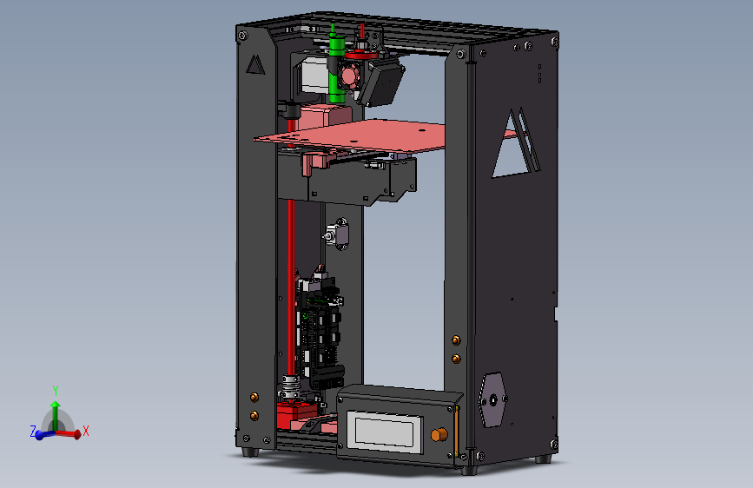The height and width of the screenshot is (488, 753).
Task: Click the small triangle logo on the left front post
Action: tap(254, 64)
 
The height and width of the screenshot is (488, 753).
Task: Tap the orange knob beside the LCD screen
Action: tap(439, 433)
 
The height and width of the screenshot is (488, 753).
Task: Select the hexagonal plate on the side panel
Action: tap(493, 399)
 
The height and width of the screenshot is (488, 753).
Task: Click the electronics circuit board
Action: tap(319, 330)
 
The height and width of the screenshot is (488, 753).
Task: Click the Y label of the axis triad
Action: tap(55, 390)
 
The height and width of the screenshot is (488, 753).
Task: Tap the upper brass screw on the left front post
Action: tap(254, 397)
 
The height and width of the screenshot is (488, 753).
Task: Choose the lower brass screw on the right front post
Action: tap(455, 357)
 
